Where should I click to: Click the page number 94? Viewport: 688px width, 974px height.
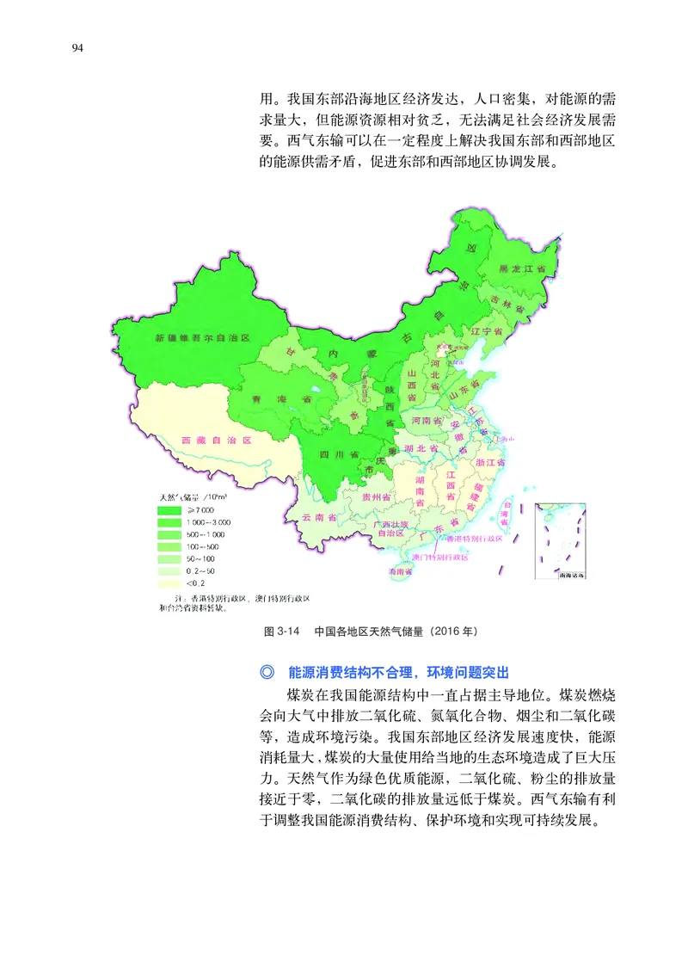coord(77,47)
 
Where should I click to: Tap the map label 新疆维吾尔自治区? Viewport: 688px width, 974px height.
coord(202,340)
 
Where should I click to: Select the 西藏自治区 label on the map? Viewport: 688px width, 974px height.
coord(217,441)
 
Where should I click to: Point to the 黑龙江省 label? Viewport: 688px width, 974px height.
coord(524,269)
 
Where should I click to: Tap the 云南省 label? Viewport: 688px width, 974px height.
coord(318,518)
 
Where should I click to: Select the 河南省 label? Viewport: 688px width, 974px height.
coord(427,421)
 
